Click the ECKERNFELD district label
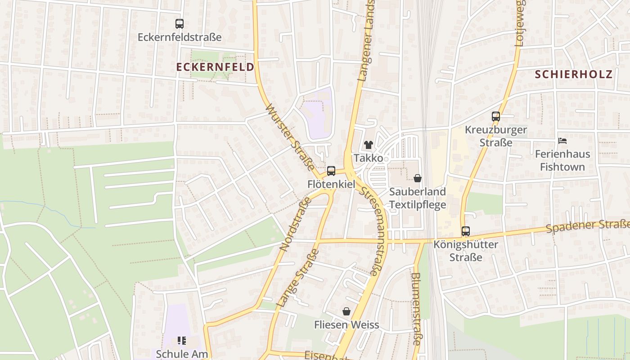tap(215, 67)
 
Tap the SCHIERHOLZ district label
tap(574, 74)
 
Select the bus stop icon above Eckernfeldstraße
tap(180, 24)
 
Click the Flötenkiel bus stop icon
tap(331, 171)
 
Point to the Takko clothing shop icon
tap(369, 144)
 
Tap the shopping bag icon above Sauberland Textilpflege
tap(418, 178)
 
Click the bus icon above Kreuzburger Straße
tap(496, 117)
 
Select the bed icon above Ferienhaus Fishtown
tap(562, 141)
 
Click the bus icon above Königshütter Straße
tap(466, 231)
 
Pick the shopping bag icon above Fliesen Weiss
tap(346, 311)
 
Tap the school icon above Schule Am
tap(182, 341)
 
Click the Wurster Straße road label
tap(290, 138)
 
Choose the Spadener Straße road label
tap(588, 226)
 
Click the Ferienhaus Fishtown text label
tap(562, 161)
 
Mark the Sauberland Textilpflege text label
tap(418, 198)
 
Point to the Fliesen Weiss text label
tap(346, 325)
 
